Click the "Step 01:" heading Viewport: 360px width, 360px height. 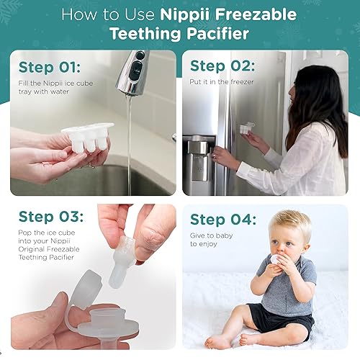click(49, 67)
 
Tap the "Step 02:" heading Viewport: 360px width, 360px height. click(222, 66)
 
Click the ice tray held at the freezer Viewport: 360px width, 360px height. click(246, 129)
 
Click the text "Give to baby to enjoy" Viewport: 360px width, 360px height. click(208, 240)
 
